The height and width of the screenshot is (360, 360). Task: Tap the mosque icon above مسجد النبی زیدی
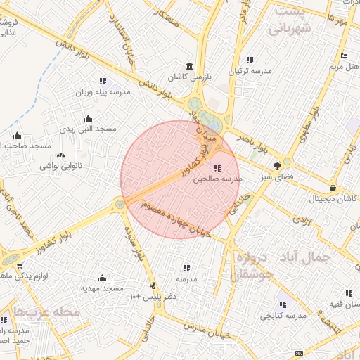[88, 118]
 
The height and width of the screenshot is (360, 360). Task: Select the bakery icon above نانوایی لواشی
[60, 155]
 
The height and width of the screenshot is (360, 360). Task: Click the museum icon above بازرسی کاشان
[188, 65]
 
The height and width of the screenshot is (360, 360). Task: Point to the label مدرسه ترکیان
[250, 72]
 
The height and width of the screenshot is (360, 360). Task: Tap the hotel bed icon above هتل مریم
[344, 56]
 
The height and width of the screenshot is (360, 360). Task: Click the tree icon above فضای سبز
[278, 166]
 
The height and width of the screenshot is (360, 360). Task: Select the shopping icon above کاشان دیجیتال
[333, 188]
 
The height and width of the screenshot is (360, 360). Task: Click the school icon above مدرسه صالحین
[217, 168]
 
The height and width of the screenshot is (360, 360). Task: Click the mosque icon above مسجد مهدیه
[103, 278]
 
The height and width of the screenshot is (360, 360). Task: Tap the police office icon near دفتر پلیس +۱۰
[153, 285]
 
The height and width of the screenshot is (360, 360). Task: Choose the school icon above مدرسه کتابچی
[282, 305]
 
